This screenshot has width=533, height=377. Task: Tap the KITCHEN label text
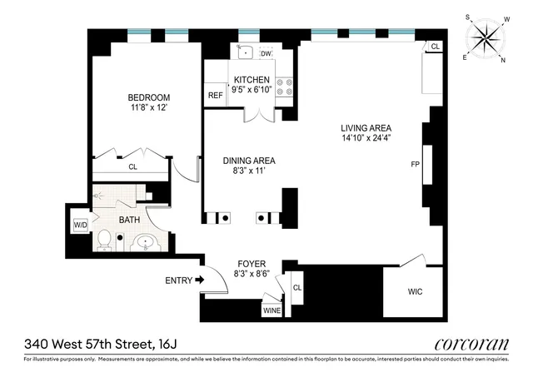(x=250, y=80)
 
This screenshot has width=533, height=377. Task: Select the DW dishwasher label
(x=266, y=54)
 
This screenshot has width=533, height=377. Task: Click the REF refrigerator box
(x=214, y=96)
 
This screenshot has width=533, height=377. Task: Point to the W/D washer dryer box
(x=81, y=225)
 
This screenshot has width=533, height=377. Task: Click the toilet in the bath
(x=105, y=241)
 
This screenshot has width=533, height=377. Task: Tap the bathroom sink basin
(x=147, y=243)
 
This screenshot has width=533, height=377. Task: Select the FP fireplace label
(x=416, y=165)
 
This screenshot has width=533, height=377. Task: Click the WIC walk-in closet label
(x=416, y=292)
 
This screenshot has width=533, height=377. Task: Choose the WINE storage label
(x=271, y=311)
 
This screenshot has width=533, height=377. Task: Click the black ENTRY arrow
(x=199, y=280)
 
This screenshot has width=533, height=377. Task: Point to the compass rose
(x=487, y=38)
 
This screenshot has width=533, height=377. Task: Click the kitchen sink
(x=247, y=52)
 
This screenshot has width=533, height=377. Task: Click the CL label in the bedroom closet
(x=132, y=166)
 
